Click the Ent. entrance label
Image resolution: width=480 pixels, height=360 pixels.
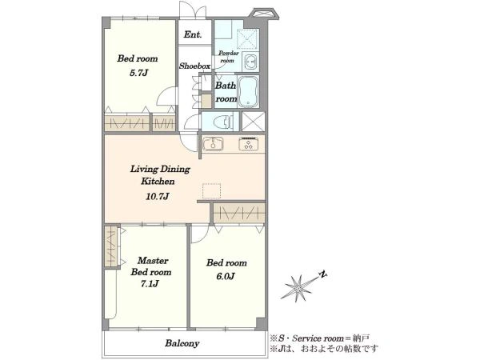coord(193,34)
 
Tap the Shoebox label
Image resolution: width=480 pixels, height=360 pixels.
coord(194,66)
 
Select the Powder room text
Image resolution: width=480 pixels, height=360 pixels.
coord(228,57)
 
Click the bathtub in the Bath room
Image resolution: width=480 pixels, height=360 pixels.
coord(248,91)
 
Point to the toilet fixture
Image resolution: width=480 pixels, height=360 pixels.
coord(224,122)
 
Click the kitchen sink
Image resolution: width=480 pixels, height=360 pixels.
coord(213,144)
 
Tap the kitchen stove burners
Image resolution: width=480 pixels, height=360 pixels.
coord(248,144)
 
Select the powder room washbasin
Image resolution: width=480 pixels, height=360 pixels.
coord(250,62)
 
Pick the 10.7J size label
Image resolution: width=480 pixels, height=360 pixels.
coord(158,196)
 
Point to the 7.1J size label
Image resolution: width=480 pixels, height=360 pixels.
coord(150,284)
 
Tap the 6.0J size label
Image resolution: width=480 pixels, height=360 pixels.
coord(226,277)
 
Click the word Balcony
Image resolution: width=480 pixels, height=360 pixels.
coord(182,343)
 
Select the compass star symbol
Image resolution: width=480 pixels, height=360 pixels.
coord(296,288)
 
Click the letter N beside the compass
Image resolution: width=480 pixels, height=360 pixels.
coord(322,274)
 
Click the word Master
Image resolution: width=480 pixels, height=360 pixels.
coord(153,261)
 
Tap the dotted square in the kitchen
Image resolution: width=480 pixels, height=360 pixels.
coord(211,192)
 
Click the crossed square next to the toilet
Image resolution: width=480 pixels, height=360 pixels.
coord(253,122)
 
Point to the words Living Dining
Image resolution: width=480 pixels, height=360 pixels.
coord(160,170)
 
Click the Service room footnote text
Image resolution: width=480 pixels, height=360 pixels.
coord(319,338)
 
